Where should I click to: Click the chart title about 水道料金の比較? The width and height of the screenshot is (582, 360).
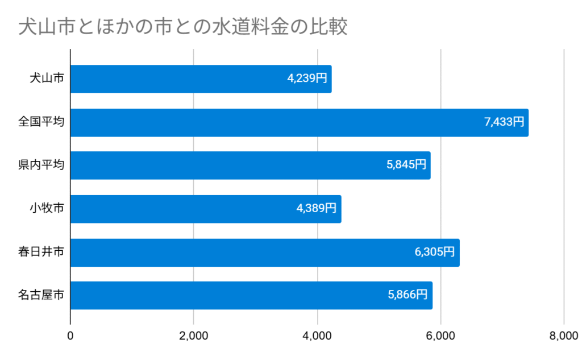coord(182,27)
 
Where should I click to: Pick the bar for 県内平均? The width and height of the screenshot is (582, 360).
coord(227,165)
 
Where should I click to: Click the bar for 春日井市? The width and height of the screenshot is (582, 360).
coord(239,253)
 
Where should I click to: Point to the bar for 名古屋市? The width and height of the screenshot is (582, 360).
coord(227,296)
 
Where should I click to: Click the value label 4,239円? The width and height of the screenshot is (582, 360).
coord(307,79)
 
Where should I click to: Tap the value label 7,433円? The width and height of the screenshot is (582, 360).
coord(504,122)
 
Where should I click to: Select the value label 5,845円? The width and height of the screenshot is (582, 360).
coord(406,165)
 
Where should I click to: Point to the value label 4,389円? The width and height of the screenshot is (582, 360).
coord(317,209)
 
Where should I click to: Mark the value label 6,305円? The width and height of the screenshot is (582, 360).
coord(435,253)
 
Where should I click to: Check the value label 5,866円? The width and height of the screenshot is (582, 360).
coord(408,296)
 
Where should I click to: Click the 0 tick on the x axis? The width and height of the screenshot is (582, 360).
coord(70,336)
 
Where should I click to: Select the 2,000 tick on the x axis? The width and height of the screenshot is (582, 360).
coord(194,336)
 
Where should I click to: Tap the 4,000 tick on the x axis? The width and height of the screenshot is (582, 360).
coord(317,336)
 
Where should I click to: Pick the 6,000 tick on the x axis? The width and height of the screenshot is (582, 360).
coord(440,336)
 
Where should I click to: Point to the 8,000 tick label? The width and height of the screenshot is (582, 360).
coord(563,336)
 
